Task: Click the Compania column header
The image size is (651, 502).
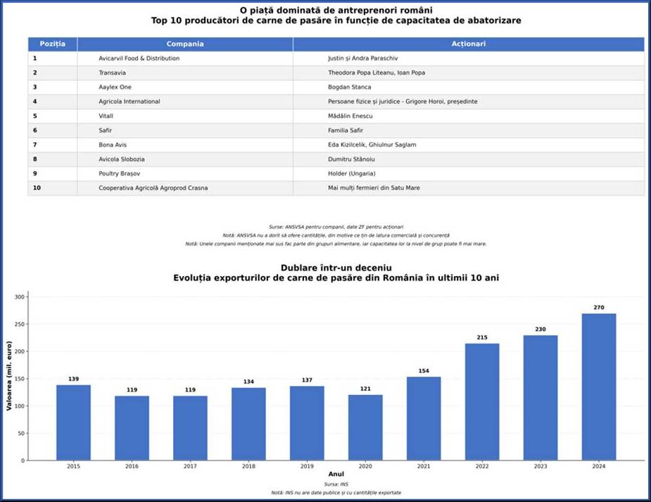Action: click(x=185, y=44)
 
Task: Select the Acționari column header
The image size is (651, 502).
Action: click(x=468, y=44)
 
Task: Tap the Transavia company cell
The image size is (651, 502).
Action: click(x=113, y=73)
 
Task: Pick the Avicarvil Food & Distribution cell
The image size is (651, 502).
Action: click(x=139, y=58)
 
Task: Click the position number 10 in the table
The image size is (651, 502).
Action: click(x=37, y=188)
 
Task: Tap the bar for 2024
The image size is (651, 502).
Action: click(x=599, y=387)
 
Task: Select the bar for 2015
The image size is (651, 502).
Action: click(x=73, y=422)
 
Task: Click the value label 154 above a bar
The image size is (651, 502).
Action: click(x=424, y=371)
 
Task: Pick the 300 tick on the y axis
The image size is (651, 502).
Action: click(x=19, y=297)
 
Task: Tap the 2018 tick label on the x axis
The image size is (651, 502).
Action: click(x=248, y=466)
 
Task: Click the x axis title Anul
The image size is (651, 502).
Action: click(x=336, y=475)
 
